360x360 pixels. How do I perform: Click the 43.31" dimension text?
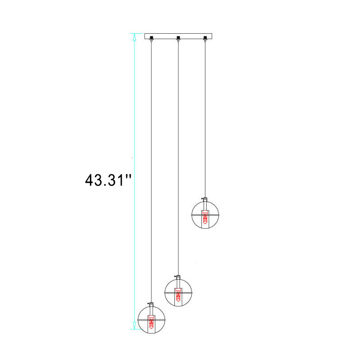tap(108, 180)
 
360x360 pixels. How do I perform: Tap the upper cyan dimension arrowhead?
tap(134, 37)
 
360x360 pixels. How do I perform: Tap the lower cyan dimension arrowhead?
tap(134, 325)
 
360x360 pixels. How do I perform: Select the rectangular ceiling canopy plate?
tap(178, 36)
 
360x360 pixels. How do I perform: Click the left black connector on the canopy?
tap(151, 37)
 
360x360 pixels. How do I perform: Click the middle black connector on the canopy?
tap(178, 37)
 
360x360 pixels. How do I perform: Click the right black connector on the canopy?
tap(205, 37)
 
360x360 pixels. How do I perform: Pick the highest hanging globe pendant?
tap(205, 213)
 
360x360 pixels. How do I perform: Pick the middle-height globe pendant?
tap(178, 291)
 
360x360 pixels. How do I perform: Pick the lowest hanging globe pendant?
tap(151, 318)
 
